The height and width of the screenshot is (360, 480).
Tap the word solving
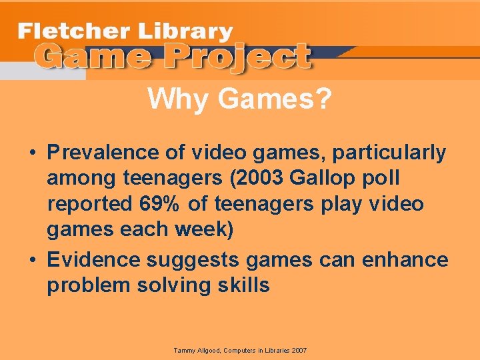click(173, 285)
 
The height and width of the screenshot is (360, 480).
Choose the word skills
click(243, 285)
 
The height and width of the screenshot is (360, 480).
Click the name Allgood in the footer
click(207, 351)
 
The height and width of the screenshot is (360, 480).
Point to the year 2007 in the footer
click(298, 351)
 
